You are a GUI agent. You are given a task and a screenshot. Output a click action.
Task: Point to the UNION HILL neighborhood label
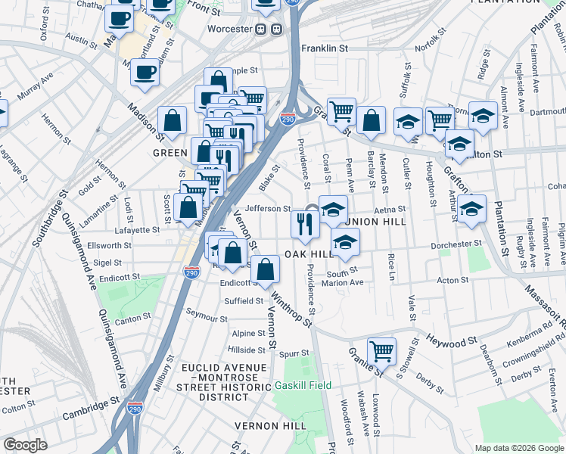[378, 222]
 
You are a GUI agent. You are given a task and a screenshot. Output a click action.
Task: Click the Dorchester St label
[456, 244]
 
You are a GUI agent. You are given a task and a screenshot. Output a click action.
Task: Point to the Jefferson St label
[268, 209]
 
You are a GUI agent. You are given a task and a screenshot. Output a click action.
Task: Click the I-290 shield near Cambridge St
[135, 406]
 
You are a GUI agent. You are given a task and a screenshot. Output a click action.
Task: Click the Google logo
[25, 445]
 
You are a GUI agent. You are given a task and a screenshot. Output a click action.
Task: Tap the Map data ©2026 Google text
[518, 448]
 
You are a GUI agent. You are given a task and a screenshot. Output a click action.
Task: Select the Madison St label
[145, 122]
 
